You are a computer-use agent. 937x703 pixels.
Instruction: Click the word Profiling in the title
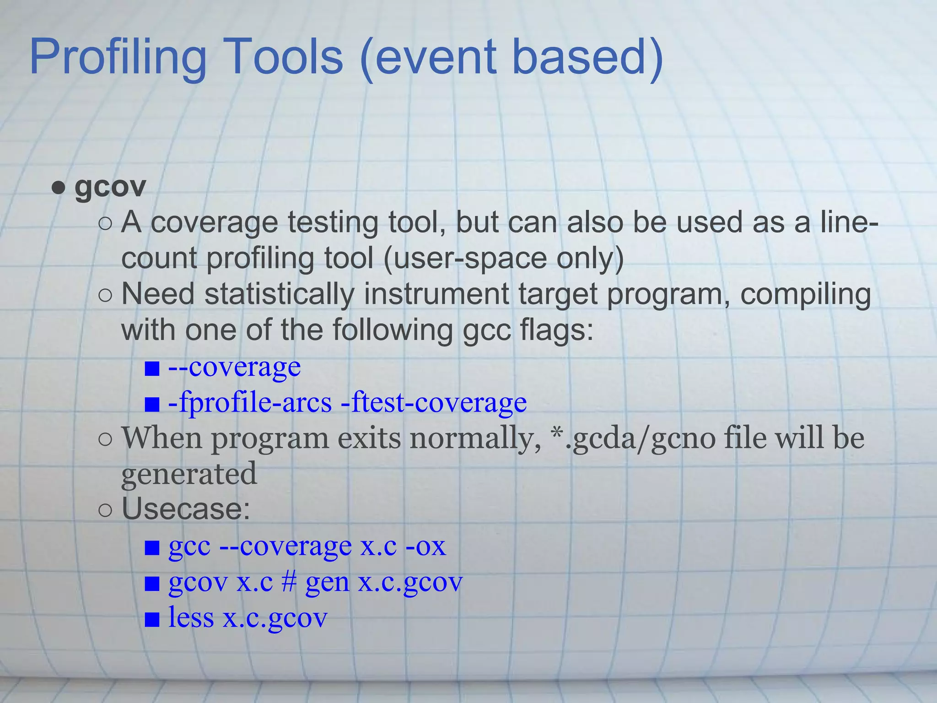[x=118, y=58]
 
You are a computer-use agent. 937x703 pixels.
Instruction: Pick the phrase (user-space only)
[x=503, y=258]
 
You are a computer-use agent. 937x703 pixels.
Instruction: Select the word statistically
[x=279, y=294]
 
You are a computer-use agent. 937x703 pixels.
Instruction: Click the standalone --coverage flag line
[x=234, y=367]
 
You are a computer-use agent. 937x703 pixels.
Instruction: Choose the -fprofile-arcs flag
[x=250, y=403]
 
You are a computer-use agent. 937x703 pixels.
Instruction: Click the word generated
[x=188, y=474]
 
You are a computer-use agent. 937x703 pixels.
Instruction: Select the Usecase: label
[x=186, y=509]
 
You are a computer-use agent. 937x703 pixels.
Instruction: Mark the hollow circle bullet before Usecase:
[x=105, y=510]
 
